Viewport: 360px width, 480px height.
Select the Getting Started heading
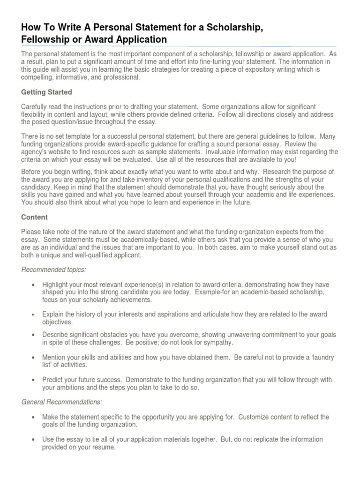47,92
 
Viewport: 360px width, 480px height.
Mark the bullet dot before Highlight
32,285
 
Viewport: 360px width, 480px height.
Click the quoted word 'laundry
322,357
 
